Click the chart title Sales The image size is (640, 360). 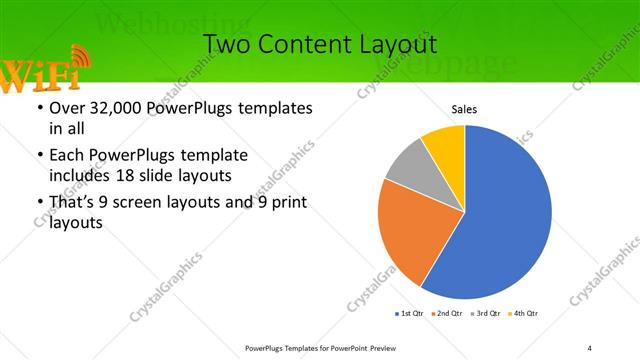click(464, 108)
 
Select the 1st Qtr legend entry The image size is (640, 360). click(410, 314)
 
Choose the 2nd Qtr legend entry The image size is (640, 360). click(446, 314)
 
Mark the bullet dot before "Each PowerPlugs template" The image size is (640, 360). click(39, 156)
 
